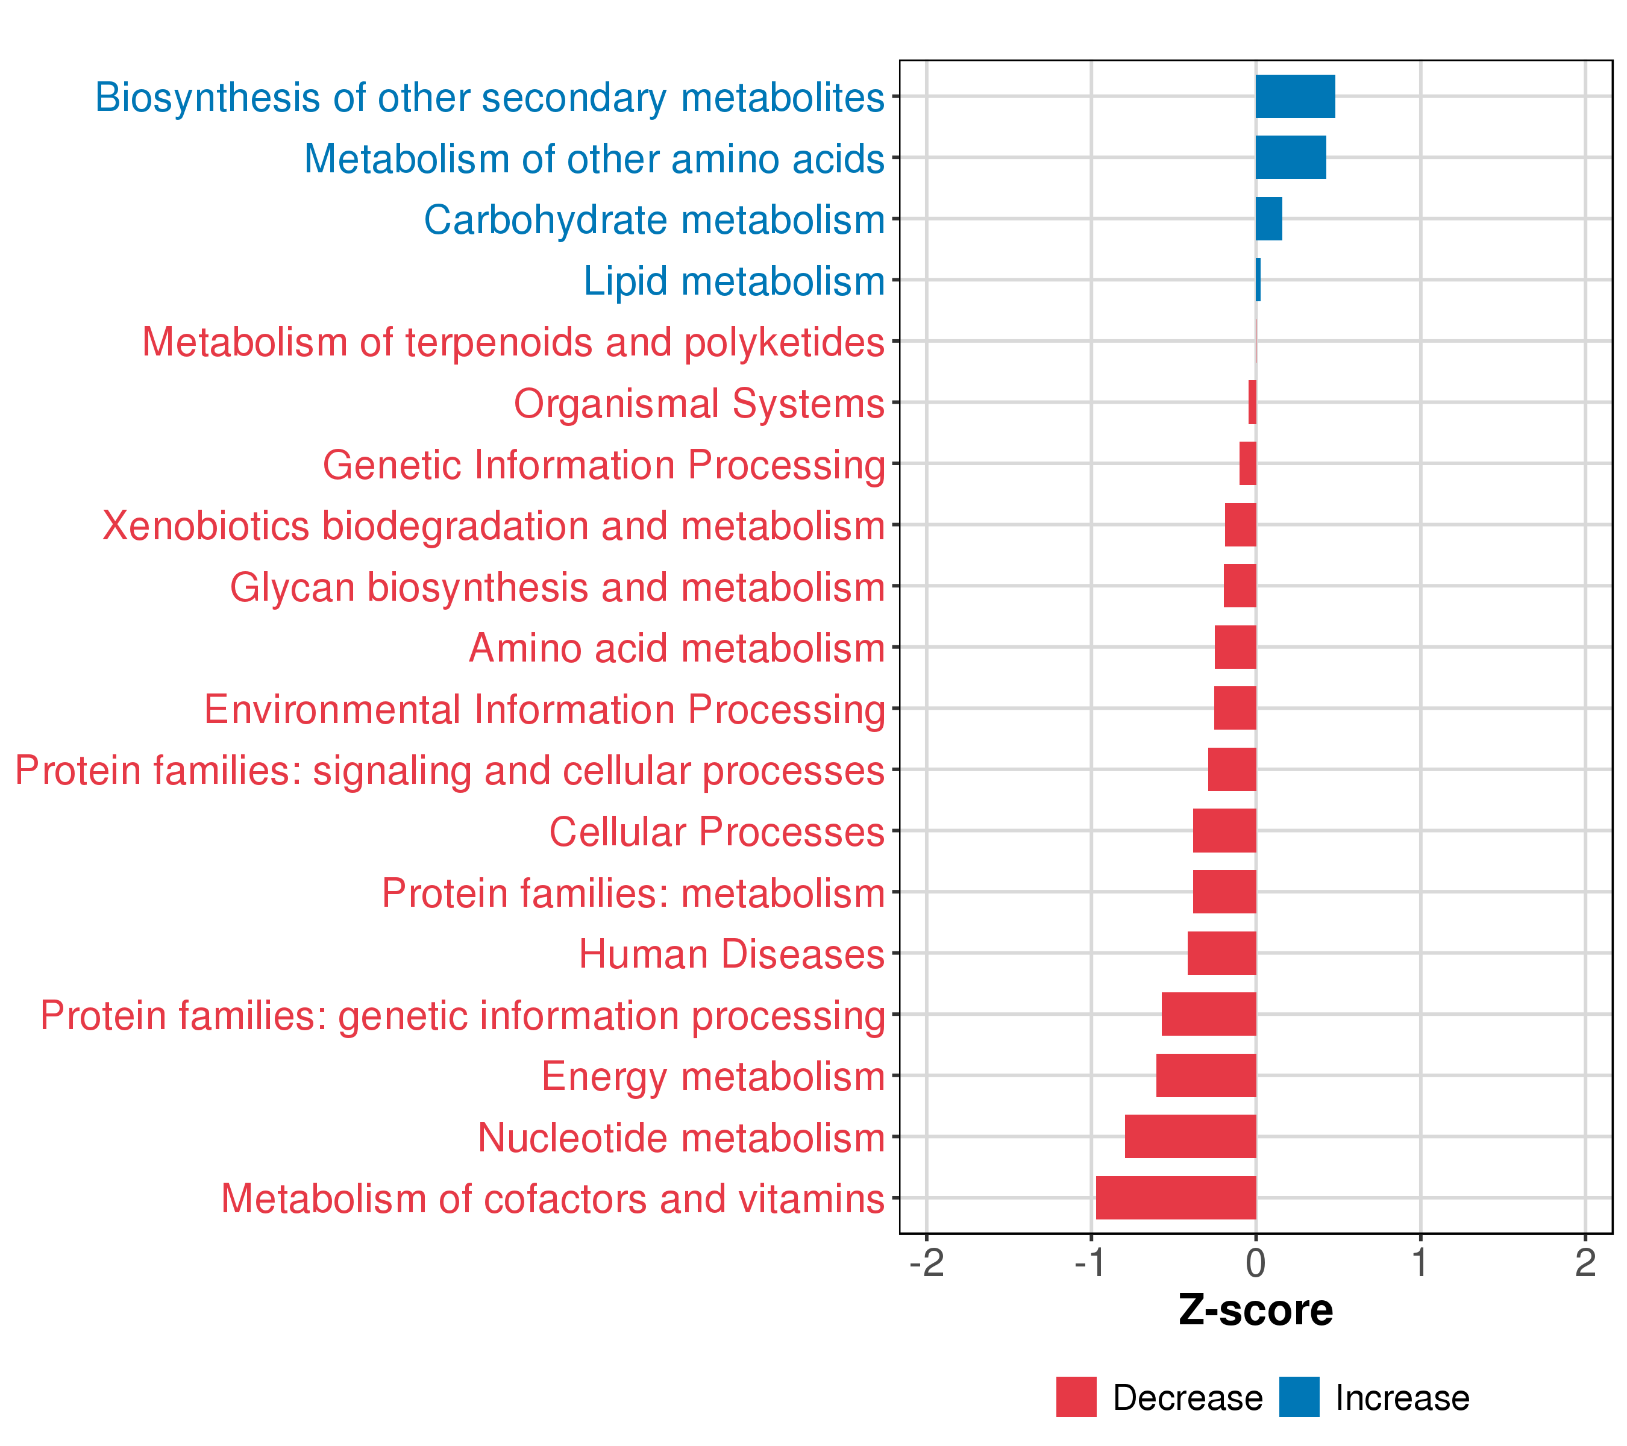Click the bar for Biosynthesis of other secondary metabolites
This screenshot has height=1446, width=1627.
tap(1295, 96)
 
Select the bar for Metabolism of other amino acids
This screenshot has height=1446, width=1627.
tap(1290, 158)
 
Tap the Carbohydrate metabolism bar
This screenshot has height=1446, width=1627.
tap(1269, 219)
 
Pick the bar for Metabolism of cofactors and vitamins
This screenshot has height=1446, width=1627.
tap(1176, 1198)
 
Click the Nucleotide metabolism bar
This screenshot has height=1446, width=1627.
tap(1190, 1136)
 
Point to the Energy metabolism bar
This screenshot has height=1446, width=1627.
tap(1206, 1075)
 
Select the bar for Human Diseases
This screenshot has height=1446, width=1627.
tap(1222, 953)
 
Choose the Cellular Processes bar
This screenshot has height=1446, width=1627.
tap(1224, 831)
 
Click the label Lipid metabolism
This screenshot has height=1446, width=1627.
tap(734, 281)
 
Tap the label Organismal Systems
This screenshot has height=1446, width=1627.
tap(699, 404)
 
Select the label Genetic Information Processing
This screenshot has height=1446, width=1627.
tap(603, 465)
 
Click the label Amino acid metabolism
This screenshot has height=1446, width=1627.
tap(677, 648)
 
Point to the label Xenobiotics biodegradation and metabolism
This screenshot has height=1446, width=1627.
tap(494, 526)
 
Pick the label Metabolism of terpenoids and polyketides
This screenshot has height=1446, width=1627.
tap(513, 342)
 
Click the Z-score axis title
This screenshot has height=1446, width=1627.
tap(1255, 1310)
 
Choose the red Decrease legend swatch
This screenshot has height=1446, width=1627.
tap(1076, 1397)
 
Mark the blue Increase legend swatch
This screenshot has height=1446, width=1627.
tap(1299, 1397)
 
